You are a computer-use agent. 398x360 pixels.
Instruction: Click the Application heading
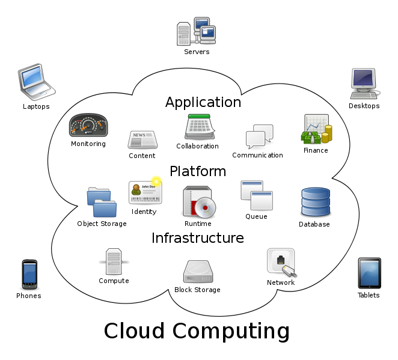[x=203, y=102]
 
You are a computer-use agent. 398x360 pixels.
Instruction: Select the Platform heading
[x=198, y=171]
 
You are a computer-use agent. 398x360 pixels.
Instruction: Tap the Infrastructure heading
[x=198, y=238]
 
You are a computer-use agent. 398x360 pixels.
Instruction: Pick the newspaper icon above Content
[x=142, y=140]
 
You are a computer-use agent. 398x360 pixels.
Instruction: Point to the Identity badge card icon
[x=145, y=192]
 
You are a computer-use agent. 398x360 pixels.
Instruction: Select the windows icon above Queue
[x=257, y=196]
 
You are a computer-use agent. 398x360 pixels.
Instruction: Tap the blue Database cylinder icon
[x=315, y=203]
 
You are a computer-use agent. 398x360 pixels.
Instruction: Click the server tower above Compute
[x=114, y=261]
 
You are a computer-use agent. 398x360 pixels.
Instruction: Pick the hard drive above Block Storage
[x=198, y=272]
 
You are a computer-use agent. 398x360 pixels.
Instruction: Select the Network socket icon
[x=281, y=263]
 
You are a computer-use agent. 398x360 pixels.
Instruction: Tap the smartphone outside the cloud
[x=29, y=274]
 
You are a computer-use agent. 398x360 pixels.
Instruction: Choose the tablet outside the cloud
[x=369, y=273]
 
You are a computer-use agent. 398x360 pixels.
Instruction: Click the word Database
[x=314, y=224]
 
